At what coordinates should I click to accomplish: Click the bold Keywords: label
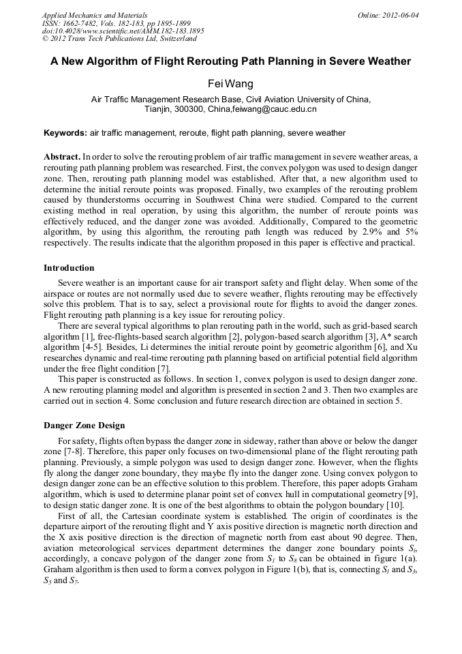click(65, 133)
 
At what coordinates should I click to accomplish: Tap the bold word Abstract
click(62, 156)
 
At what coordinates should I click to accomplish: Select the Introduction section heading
click(69, 267)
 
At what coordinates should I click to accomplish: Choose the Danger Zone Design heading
click(84, 426)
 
